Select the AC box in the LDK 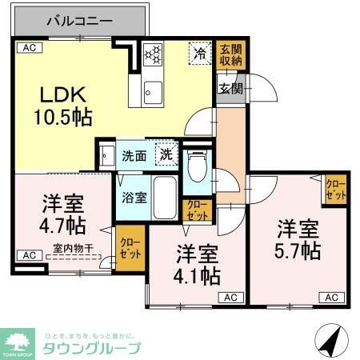(x=27, y=49)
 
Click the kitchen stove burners (x=152, y=54)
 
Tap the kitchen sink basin (x=152, y=94)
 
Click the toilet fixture (x=194, y=169)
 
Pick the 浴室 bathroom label (x=133, y=197)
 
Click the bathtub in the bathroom (x=165, y=198)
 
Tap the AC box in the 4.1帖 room (x=230, y=298)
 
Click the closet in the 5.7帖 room (x=335, y=190)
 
